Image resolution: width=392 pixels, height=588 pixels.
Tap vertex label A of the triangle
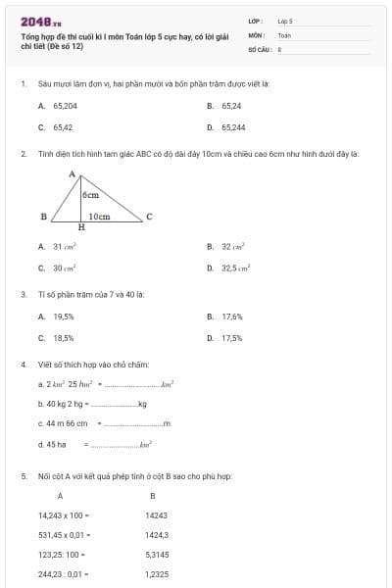click(x=73, y=174)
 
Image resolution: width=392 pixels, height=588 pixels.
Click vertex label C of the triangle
click(x=148, y=216)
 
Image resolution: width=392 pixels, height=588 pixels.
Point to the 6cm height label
click(x=90, y=195)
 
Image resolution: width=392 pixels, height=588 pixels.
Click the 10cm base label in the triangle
click(x=99, y=216)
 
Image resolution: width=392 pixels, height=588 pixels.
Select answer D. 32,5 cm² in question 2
click(x=232, y=268)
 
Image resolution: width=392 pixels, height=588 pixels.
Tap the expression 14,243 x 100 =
click(x=64, y=514)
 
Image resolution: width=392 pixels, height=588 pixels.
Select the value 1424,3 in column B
click(x=157, y=535)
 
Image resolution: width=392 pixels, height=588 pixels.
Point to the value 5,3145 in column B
click(x=157, y=555)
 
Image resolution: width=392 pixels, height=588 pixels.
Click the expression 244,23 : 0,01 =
click(x=64, y=574)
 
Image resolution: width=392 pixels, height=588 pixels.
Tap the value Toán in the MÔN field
click(x=284, y=34)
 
